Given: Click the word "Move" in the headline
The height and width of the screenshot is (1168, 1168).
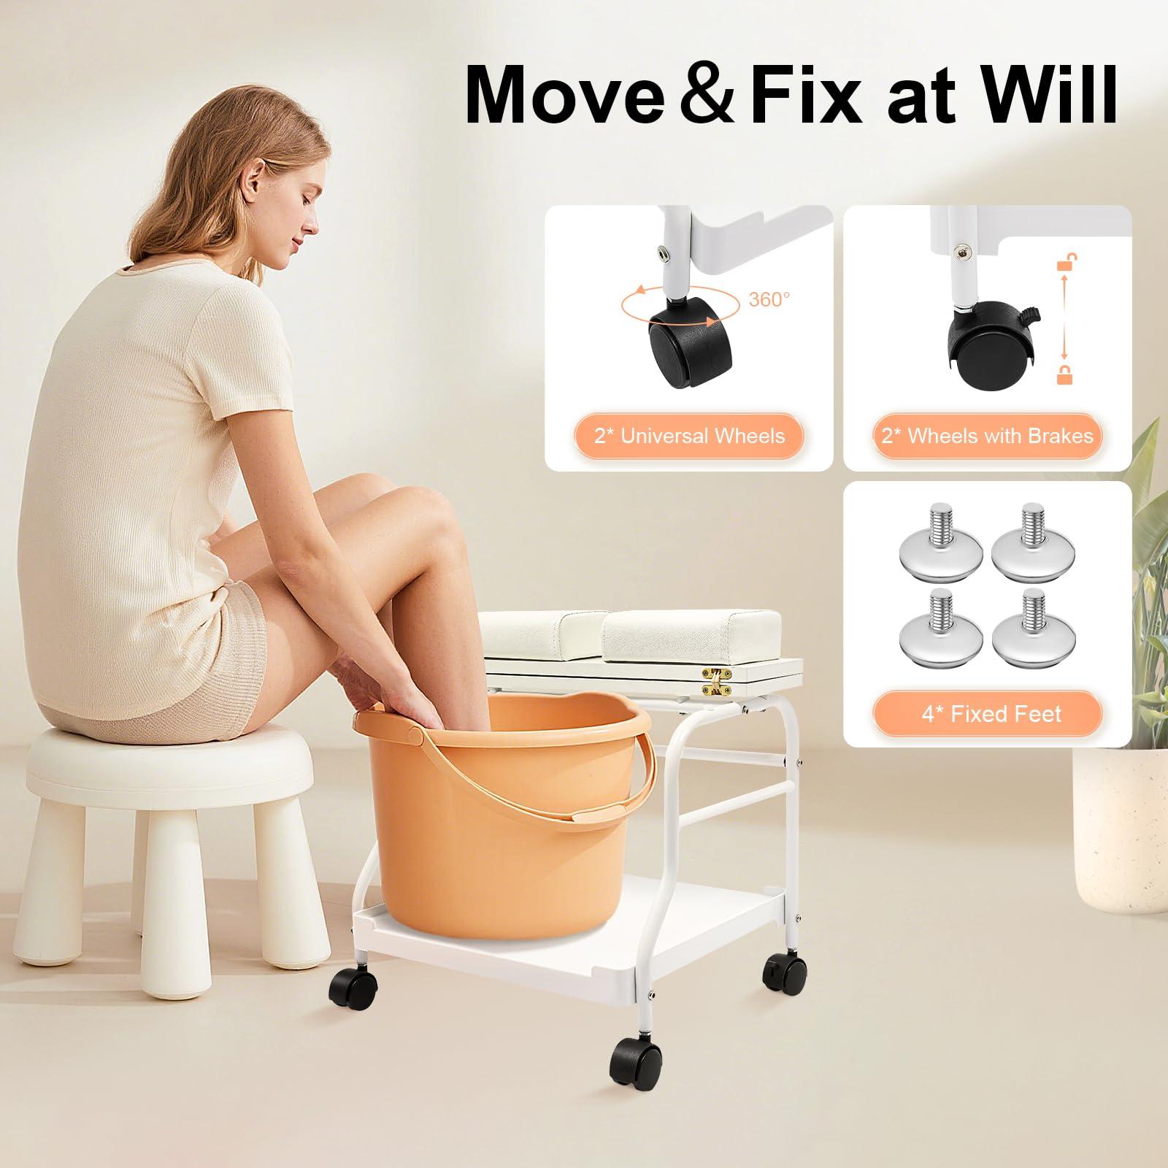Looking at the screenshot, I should click(562, 96).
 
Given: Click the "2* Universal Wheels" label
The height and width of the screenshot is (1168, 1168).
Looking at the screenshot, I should click(689, 437).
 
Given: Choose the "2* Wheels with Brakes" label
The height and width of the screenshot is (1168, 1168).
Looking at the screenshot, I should click(987, 437).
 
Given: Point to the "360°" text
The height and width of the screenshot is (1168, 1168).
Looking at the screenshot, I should click(769, 299).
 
